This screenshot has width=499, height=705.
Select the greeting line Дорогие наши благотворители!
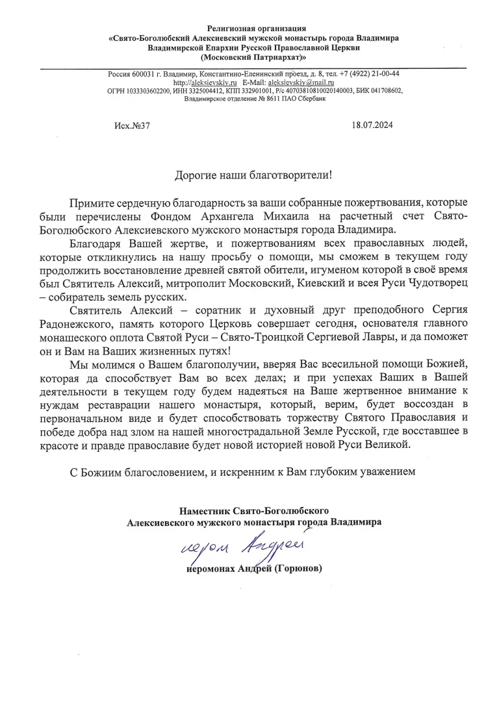pos(253,175)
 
